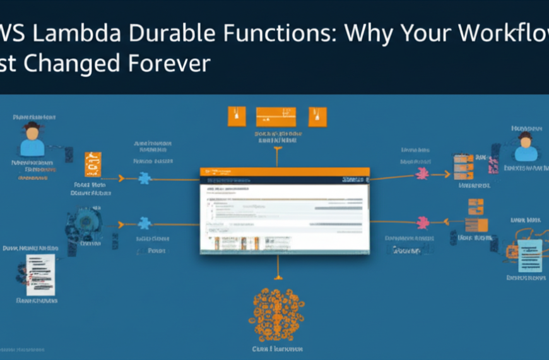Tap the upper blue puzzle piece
pos(145,179)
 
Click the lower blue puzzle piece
pos(144,223)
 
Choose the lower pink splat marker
pos(422,222)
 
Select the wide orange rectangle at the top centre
pos(276,117)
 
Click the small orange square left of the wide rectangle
pos(235,117)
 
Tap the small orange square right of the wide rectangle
pos(317,117)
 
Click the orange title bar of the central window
pos(285,172)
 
